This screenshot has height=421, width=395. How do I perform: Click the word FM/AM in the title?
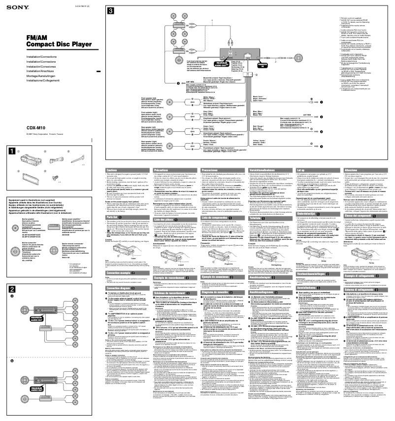click(28, 38)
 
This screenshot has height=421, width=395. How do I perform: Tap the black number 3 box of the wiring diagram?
click(111, 11)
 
